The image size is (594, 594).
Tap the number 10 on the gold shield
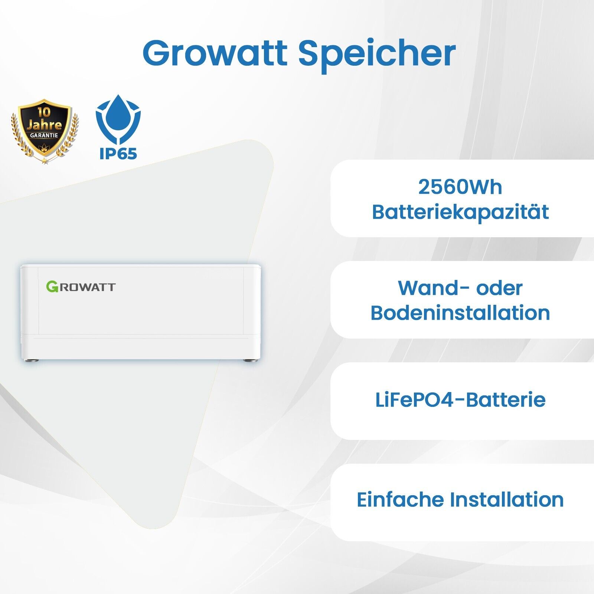tap(44, 112)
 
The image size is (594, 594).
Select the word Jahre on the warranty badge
tap(44, 124)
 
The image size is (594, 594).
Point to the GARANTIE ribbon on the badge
tap(44, 135)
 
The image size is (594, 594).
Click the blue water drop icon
tap(118, 116)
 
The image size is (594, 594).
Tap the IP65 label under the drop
tap(118, 153)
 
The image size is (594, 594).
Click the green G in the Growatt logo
tap(52, 287)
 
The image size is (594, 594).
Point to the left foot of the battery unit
tap(34, 360)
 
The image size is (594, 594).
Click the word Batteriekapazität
tap(460, 212)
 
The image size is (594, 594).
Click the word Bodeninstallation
tap(460, 313)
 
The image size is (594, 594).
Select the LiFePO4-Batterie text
tap(460, 400)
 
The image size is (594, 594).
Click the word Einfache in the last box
tap(400, 499)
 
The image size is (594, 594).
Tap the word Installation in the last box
tap(507, 499)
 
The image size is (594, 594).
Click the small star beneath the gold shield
tap(45, 161)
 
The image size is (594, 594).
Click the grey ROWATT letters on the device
tap(87, 287)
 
